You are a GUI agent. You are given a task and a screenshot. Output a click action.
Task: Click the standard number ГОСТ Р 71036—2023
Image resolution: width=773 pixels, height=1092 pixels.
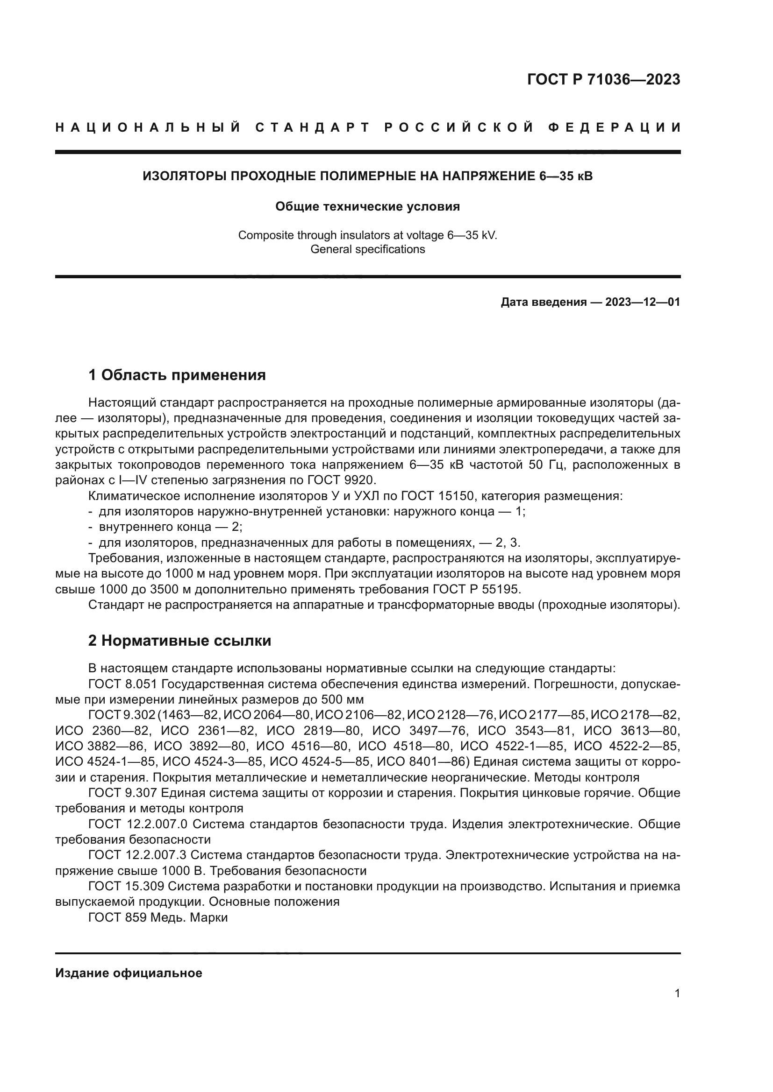603,79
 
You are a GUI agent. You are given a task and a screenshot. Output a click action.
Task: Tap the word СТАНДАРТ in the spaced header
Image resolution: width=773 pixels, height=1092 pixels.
312,127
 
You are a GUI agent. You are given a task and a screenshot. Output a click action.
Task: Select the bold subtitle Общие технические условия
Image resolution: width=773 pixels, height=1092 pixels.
367,206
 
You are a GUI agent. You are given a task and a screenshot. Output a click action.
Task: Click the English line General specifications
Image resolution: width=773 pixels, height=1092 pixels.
367,249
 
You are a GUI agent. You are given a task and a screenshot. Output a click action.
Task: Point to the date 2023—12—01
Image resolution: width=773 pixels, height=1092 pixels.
642,302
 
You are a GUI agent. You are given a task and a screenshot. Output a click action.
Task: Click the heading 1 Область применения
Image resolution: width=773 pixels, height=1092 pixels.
177,375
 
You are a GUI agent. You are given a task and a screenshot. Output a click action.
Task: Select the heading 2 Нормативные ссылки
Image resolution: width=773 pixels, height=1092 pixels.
179,641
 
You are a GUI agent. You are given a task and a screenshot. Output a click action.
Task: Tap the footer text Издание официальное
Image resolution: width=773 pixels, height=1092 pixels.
129,973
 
